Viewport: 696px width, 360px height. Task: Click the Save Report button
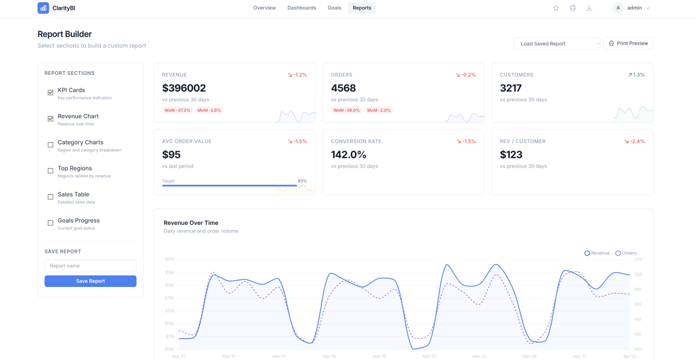tap(90, 281)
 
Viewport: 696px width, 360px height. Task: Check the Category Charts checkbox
tap(50, 145)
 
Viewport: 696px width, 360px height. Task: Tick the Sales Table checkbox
tap(50, 197)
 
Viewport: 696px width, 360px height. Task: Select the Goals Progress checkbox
tap(50, 223)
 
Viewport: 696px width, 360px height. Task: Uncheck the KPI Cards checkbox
tap(50, 93)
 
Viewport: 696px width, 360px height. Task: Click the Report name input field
tap(90, 266)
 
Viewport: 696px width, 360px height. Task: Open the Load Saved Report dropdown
tap(557, 43)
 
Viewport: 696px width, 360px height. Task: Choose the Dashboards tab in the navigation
tap(302, 8)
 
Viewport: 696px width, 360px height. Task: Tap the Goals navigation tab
tap(334, 8)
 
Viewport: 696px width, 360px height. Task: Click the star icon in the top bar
tap(556, 8)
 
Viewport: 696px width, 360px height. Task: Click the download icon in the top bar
tap(589, 8)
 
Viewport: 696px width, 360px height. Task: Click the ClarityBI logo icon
tap(43, 8)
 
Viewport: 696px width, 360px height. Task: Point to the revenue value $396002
tap(184, 88)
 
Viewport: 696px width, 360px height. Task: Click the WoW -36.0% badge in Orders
tap(346, 110)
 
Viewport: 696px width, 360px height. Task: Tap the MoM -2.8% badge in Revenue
tap(209, 110)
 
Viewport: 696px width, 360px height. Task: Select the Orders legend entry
tap(626, 253)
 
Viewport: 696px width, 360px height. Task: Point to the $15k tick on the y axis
tap(170, 285)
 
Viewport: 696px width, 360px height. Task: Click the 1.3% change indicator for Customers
tap(636, 75)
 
